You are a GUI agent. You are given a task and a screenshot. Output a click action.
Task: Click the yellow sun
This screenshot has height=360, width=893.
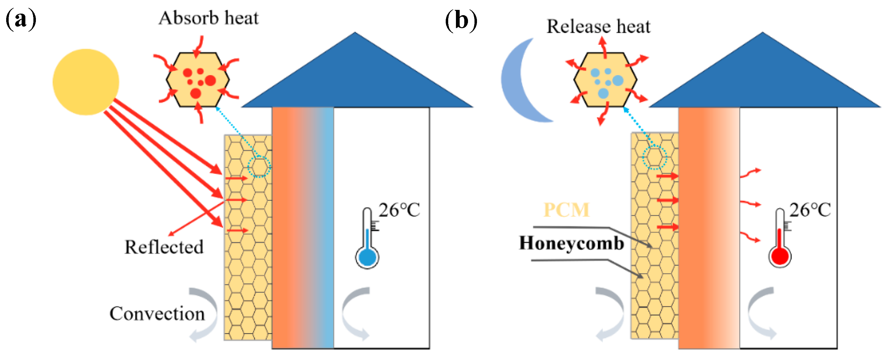click(x=86, y=82)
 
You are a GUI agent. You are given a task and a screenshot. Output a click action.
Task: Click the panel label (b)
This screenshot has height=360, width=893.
click(x=461, y=20)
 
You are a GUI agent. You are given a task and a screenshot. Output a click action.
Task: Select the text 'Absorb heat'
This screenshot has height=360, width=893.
click(x=209, y=18)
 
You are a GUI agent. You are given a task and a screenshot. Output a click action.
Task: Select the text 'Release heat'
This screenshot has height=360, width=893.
click(x=598, y=26)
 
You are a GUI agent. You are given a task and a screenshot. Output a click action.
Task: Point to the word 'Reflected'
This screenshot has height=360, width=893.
click(x=164, y=247)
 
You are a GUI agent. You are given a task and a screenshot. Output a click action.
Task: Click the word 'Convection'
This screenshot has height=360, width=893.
click(x=157, y=314)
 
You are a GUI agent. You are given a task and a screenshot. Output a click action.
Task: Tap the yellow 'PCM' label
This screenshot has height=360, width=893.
click(x=566, y=210)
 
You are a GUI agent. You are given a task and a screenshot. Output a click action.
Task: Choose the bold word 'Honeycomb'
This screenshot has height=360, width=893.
click(x=571, y=243)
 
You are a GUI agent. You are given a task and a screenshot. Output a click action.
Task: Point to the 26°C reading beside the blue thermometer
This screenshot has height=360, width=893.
click(x=399, y=210)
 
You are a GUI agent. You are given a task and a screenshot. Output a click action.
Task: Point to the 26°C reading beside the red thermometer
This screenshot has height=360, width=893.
click(x=810, y=210)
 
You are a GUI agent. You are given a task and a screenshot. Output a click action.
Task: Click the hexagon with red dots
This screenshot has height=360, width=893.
click(x=198, y=80)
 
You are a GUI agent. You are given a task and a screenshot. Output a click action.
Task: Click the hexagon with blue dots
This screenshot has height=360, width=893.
click(x=605, y=80)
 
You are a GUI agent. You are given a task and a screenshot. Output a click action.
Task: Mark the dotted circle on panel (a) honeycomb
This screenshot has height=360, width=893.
click(x=259, y=167)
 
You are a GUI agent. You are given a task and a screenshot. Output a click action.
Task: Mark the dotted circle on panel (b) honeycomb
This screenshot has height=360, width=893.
click(x=655, y=158)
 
